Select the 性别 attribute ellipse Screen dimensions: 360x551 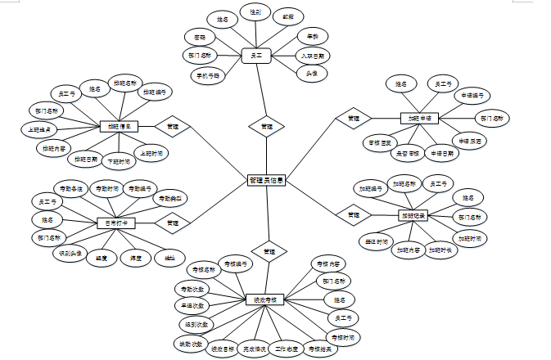(255, 14)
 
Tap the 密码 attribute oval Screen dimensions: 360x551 (200, 38)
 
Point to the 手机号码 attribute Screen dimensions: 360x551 (207, 74)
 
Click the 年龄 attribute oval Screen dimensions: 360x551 (312, 37)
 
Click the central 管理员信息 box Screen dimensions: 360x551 (266, 181)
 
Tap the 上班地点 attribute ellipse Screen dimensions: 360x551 (38, 129)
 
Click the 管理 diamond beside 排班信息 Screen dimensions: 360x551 (172, 127)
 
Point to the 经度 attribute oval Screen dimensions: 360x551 (102, 259)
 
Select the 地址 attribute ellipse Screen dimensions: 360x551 (169, 259)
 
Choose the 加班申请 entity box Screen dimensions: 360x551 (420, 118)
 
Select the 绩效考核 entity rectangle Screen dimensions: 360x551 (264, 300)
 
